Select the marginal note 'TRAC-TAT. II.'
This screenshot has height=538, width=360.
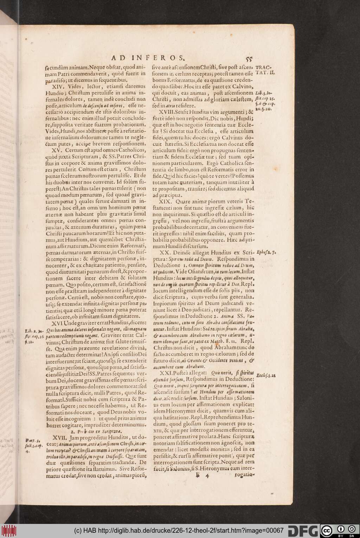click(x=265, y=70)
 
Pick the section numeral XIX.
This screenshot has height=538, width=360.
click(x=167, y=202)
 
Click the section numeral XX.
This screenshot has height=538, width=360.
click(x=165, y=253)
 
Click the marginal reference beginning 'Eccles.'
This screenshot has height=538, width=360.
click(x=266, y=375)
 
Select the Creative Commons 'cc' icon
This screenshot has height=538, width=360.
click(x=327, y=531)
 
